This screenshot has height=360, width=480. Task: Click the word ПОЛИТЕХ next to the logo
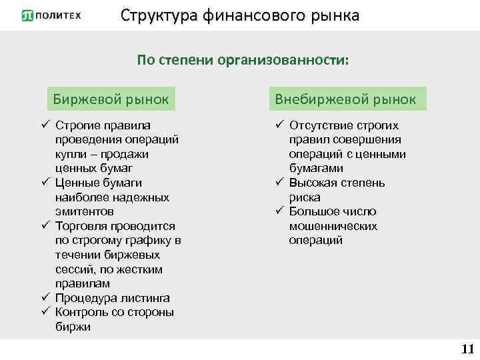[x=60, y=16]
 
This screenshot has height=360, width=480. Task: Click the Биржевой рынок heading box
[x=111, y=99]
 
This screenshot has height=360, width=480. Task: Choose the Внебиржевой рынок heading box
[x=346, y=99]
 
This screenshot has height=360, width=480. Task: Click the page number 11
[x=467, y=349]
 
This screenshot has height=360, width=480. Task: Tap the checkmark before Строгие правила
[x=45, y=125]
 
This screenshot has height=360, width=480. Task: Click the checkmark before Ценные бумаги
[x=45, y=183]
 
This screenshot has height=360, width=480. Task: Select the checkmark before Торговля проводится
[x=45, y=226]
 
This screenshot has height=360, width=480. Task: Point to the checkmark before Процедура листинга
[x=45, y=298]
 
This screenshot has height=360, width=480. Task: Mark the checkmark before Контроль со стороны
[x=45, y=312]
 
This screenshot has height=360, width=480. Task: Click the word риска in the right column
[x=305, y=197]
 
